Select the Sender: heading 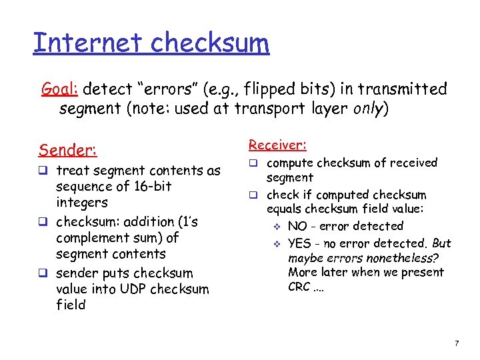(68, 149)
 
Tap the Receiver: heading (277, 145)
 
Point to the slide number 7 (456, 343)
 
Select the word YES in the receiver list (301, 243)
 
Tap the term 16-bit (151, 187)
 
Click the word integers (82, 203)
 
